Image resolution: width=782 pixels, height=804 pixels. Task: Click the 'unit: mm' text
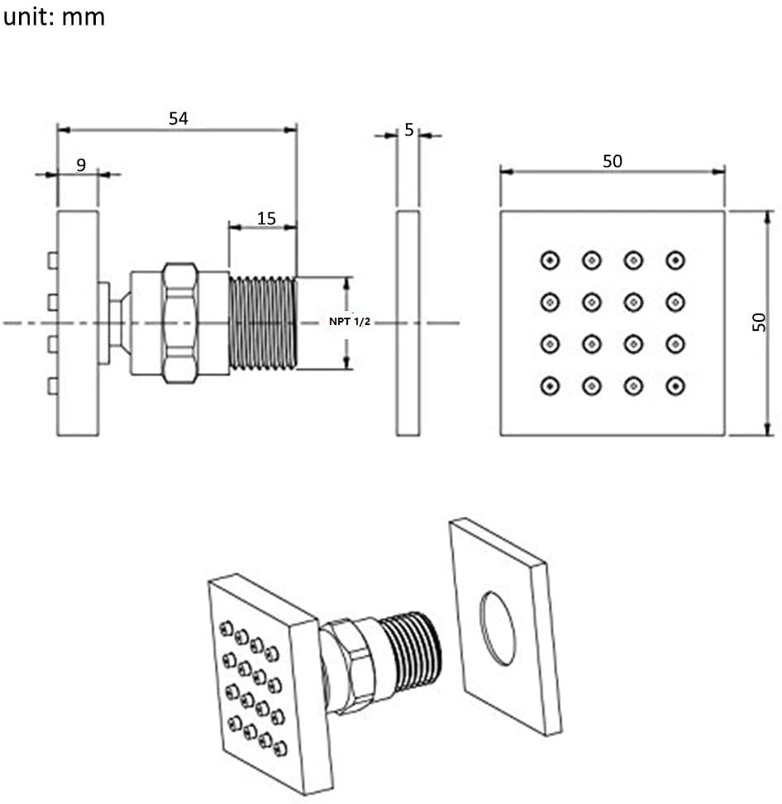pyautogui.click(x=55, y=17)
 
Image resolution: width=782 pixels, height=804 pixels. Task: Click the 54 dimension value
pyautogui.click(x=179, y=118)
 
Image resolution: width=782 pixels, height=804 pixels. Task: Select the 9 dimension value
pyautogui.click(x=81, y=165)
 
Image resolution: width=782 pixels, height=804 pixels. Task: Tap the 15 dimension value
pyautogui.click(x=266, y=218)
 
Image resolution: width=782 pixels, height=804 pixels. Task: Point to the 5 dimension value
pyautogui.click(x=408, y=130)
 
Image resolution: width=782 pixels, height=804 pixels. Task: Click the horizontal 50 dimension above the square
pyautogui.click(x=612, y=160)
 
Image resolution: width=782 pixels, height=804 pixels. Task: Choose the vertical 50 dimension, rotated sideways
pyautogui.click(x=759, y=322)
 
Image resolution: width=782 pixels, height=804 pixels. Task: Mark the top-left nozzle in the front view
pyautogui.click(x=550, y=261)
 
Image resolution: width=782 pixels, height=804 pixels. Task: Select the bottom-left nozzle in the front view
pyautogui.click(x=550, y=385)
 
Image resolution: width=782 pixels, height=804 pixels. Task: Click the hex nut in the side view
pyautogui.click(x=179, y=323)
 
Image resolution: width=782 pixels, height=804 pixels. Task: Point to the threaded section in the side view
pyautogui.click(x=262, y=323)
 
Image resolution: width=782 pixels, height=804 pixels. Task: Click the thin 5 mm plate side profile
pyautogui.click(x=408, y=323)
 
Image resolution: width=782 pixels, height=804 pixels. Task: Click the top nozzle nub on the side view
pyautogui.click(x=52, y=261)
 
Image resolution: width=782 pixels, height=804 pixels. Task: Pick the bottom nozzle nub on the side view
pyautogui.click(x=52, y=386)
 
